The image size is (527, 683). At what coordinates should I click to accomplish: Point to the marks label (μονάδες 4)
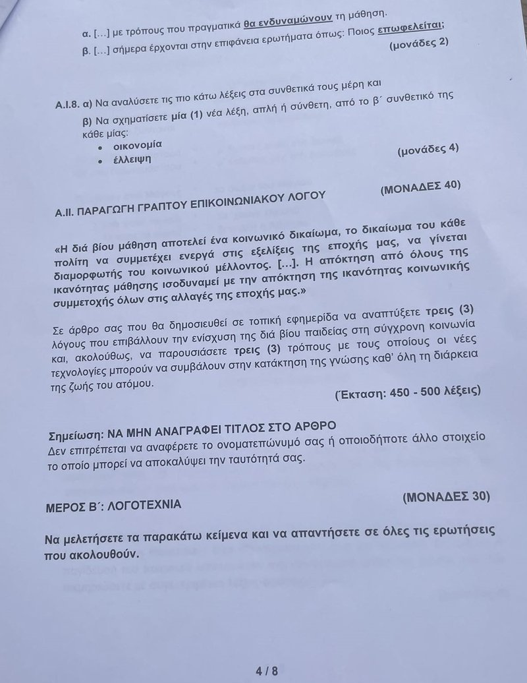coord(428,149)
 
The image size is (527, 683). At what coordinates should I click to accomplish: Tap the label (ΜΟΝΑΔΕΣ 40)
coord(421,187)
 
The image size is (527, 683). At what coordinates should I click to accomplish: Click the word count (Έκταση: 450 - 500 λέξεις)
coord(408,392)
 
